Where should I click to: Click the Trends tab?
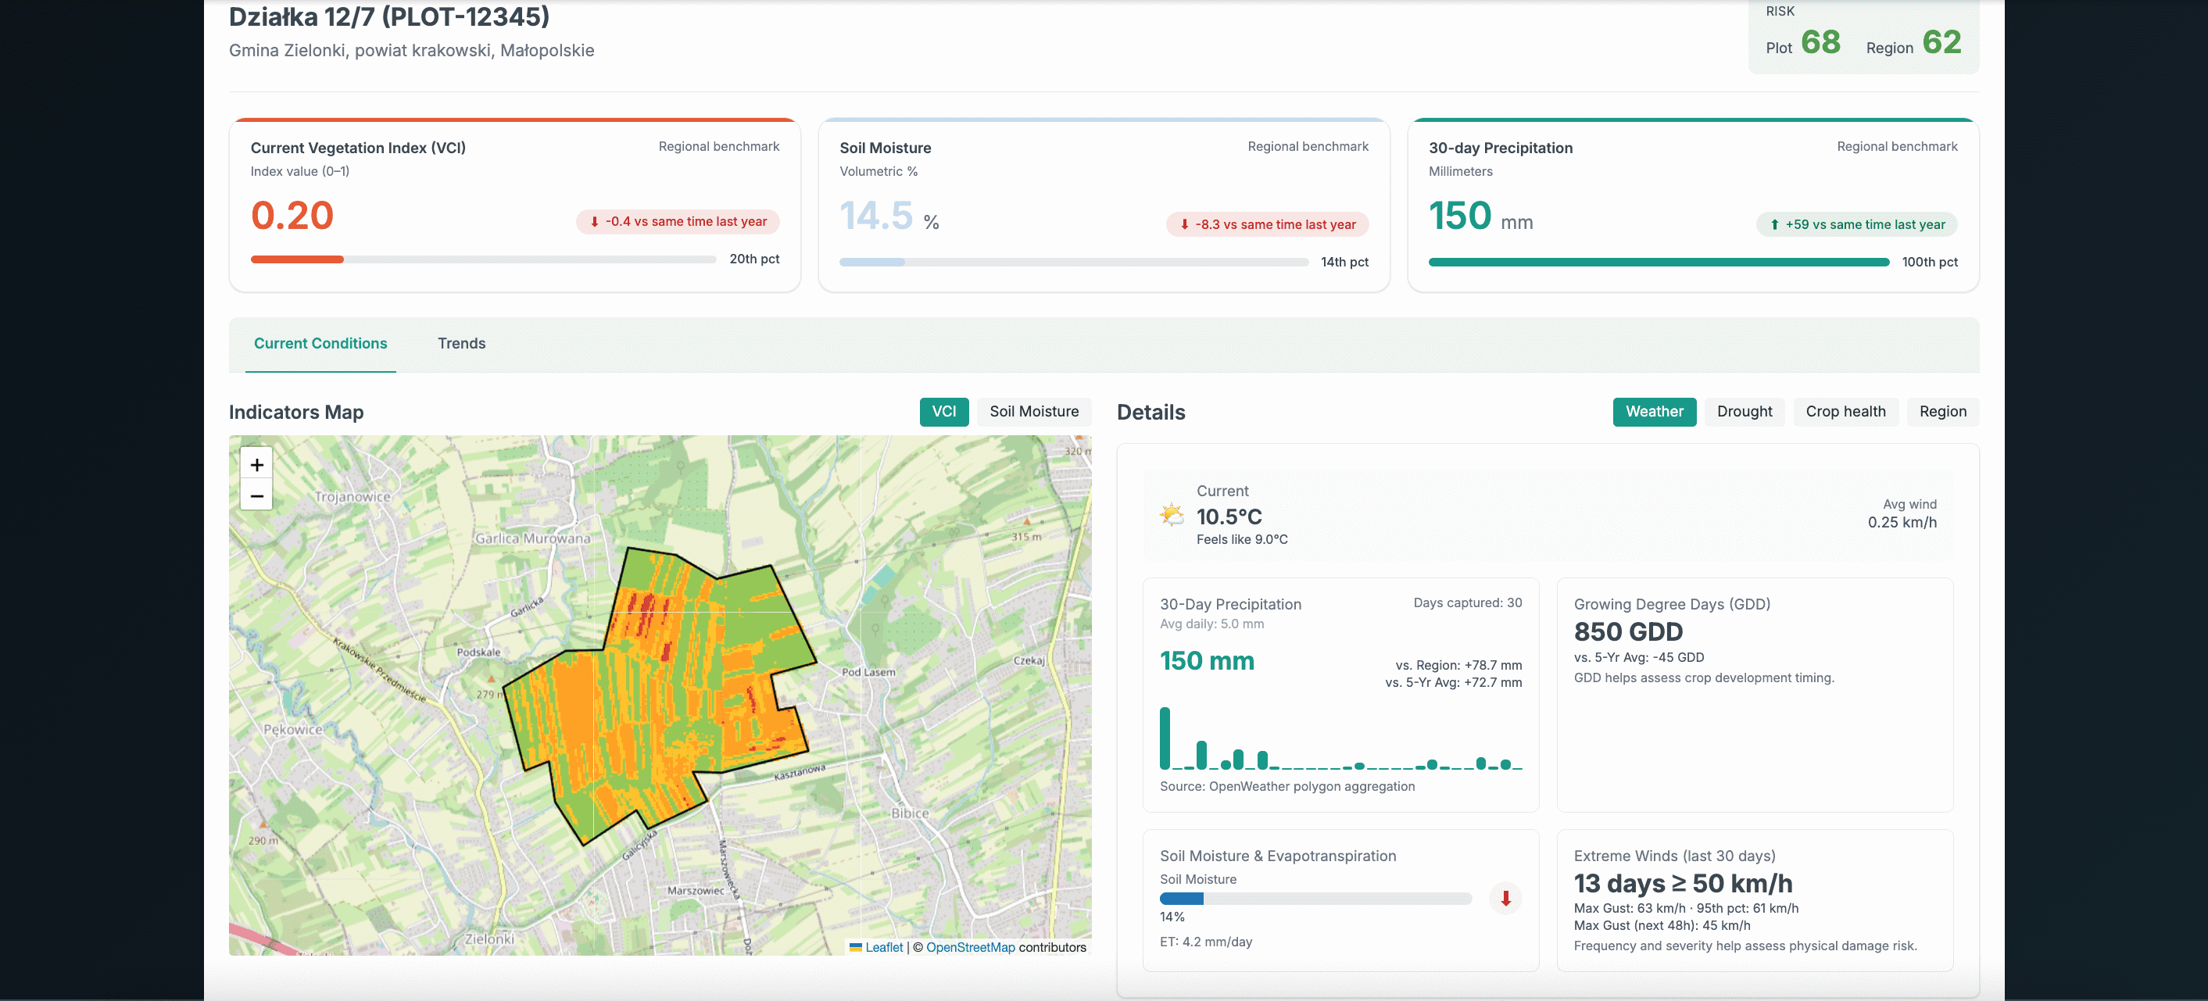pos(461,344)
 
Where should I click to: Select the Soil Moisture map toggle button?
pos(1034,411)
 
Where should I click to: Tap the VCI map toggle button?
pos(943,411)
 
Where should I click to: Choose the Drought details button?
pos(1745,411)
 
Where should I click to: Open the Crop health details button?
pos(1845,411)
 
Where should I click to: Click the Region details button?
pos(1942,411)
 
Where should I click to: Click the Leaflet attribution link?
pos(884,947)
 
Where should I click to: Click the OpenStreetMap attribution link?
pos(970,947)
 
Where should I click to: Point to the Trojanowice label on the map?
pos(352,497)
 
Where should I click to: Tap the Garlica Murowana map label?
pos(532,538)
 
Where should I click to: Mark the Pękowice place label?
pos(293,729)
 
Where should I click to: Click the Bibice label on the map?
pos(910,813)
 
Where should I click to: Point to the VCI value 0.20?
pos(292,215)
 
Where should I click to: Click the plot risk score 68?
pos(1820,42)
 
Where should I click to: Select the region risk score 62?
pos(1941,42)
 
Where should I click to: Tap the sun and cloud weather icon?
pos(1172,514)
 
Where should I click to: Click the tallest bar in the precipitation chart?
pos(1165,738)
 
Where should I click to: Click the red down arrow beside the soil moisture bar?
pos(1505,898)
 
